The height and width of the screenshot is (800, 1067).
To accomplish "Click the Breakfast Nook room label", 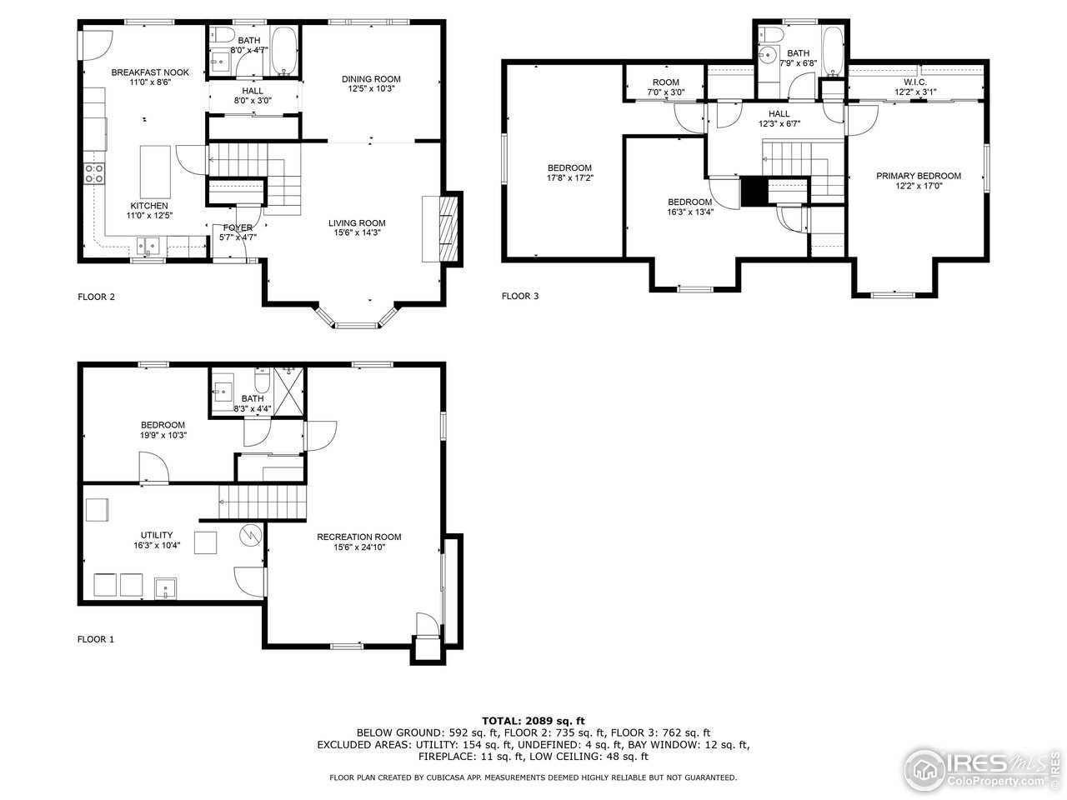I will pos(150,72).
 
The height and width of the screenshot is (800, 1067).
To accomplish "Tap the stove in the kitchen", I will pos(94,173).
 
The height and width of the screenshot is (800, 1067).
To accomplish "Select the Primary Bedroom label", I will pos(918,176).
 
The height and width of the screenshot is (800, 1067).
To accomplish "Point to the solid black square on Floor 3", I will pos(754,192).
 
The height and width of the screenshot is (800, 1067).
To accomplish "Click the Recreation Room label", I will pos(358,537).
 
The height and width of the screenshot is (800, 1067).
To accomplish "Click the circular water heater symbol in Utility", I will pos(250,534).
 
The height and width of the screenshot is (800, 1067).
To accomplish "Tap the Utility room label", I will pos(156,535).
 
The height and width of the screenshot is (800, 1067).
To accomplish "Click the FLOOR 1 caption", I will pos(96,639).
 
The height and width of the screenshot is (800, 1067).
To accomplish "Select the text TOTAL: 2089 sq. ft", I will pos(533,720).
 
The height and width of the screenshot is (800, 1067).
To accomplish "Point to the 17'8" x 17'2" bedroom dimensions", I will pos(570,177).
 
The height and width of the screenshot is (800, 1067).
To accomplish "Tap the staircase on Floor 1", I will pos(263,501).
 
